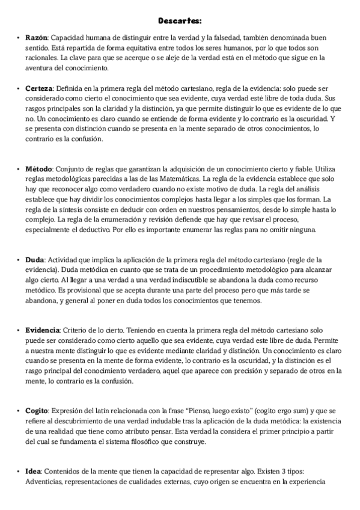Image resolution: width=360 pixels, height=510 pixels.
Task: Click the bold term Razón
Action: pos(35,37)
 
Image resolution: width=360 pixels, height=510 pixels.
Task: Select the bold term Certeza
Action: pos(39,88)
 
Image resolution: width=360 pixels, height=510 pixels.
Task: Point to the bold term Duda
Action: pos(34,260)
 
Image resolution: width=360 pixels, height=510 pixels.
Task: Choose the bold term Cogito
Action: pos(37,411)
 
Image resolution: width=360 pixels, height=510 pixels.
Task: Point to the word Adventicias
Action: pos(43,482)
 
